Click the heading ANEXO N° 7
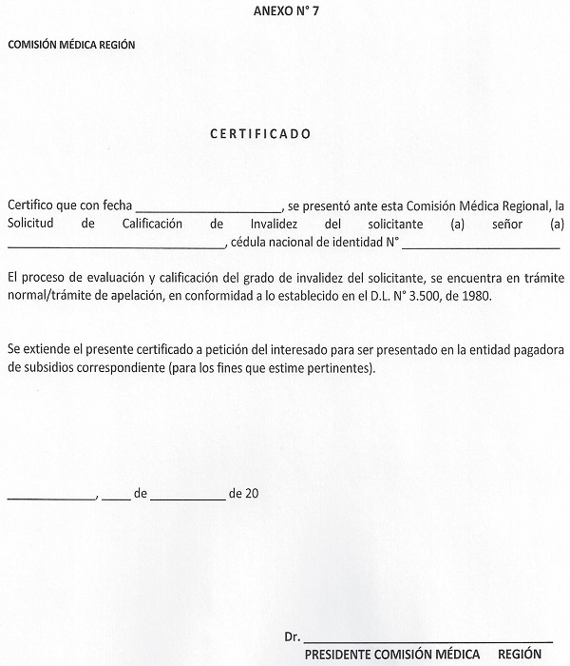point(285,11)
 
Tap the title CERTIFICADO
point(259,134)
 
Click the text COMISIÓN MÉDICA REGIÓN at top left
point(71,45)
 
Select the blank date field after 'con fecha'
point(209,207)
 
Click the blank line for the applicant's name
point(116,244)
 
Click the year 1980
point(507,296)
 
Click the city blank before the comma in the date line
point(51,495)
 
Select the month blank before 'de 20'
point(186,495)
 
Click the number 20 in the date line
point(252,494)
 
